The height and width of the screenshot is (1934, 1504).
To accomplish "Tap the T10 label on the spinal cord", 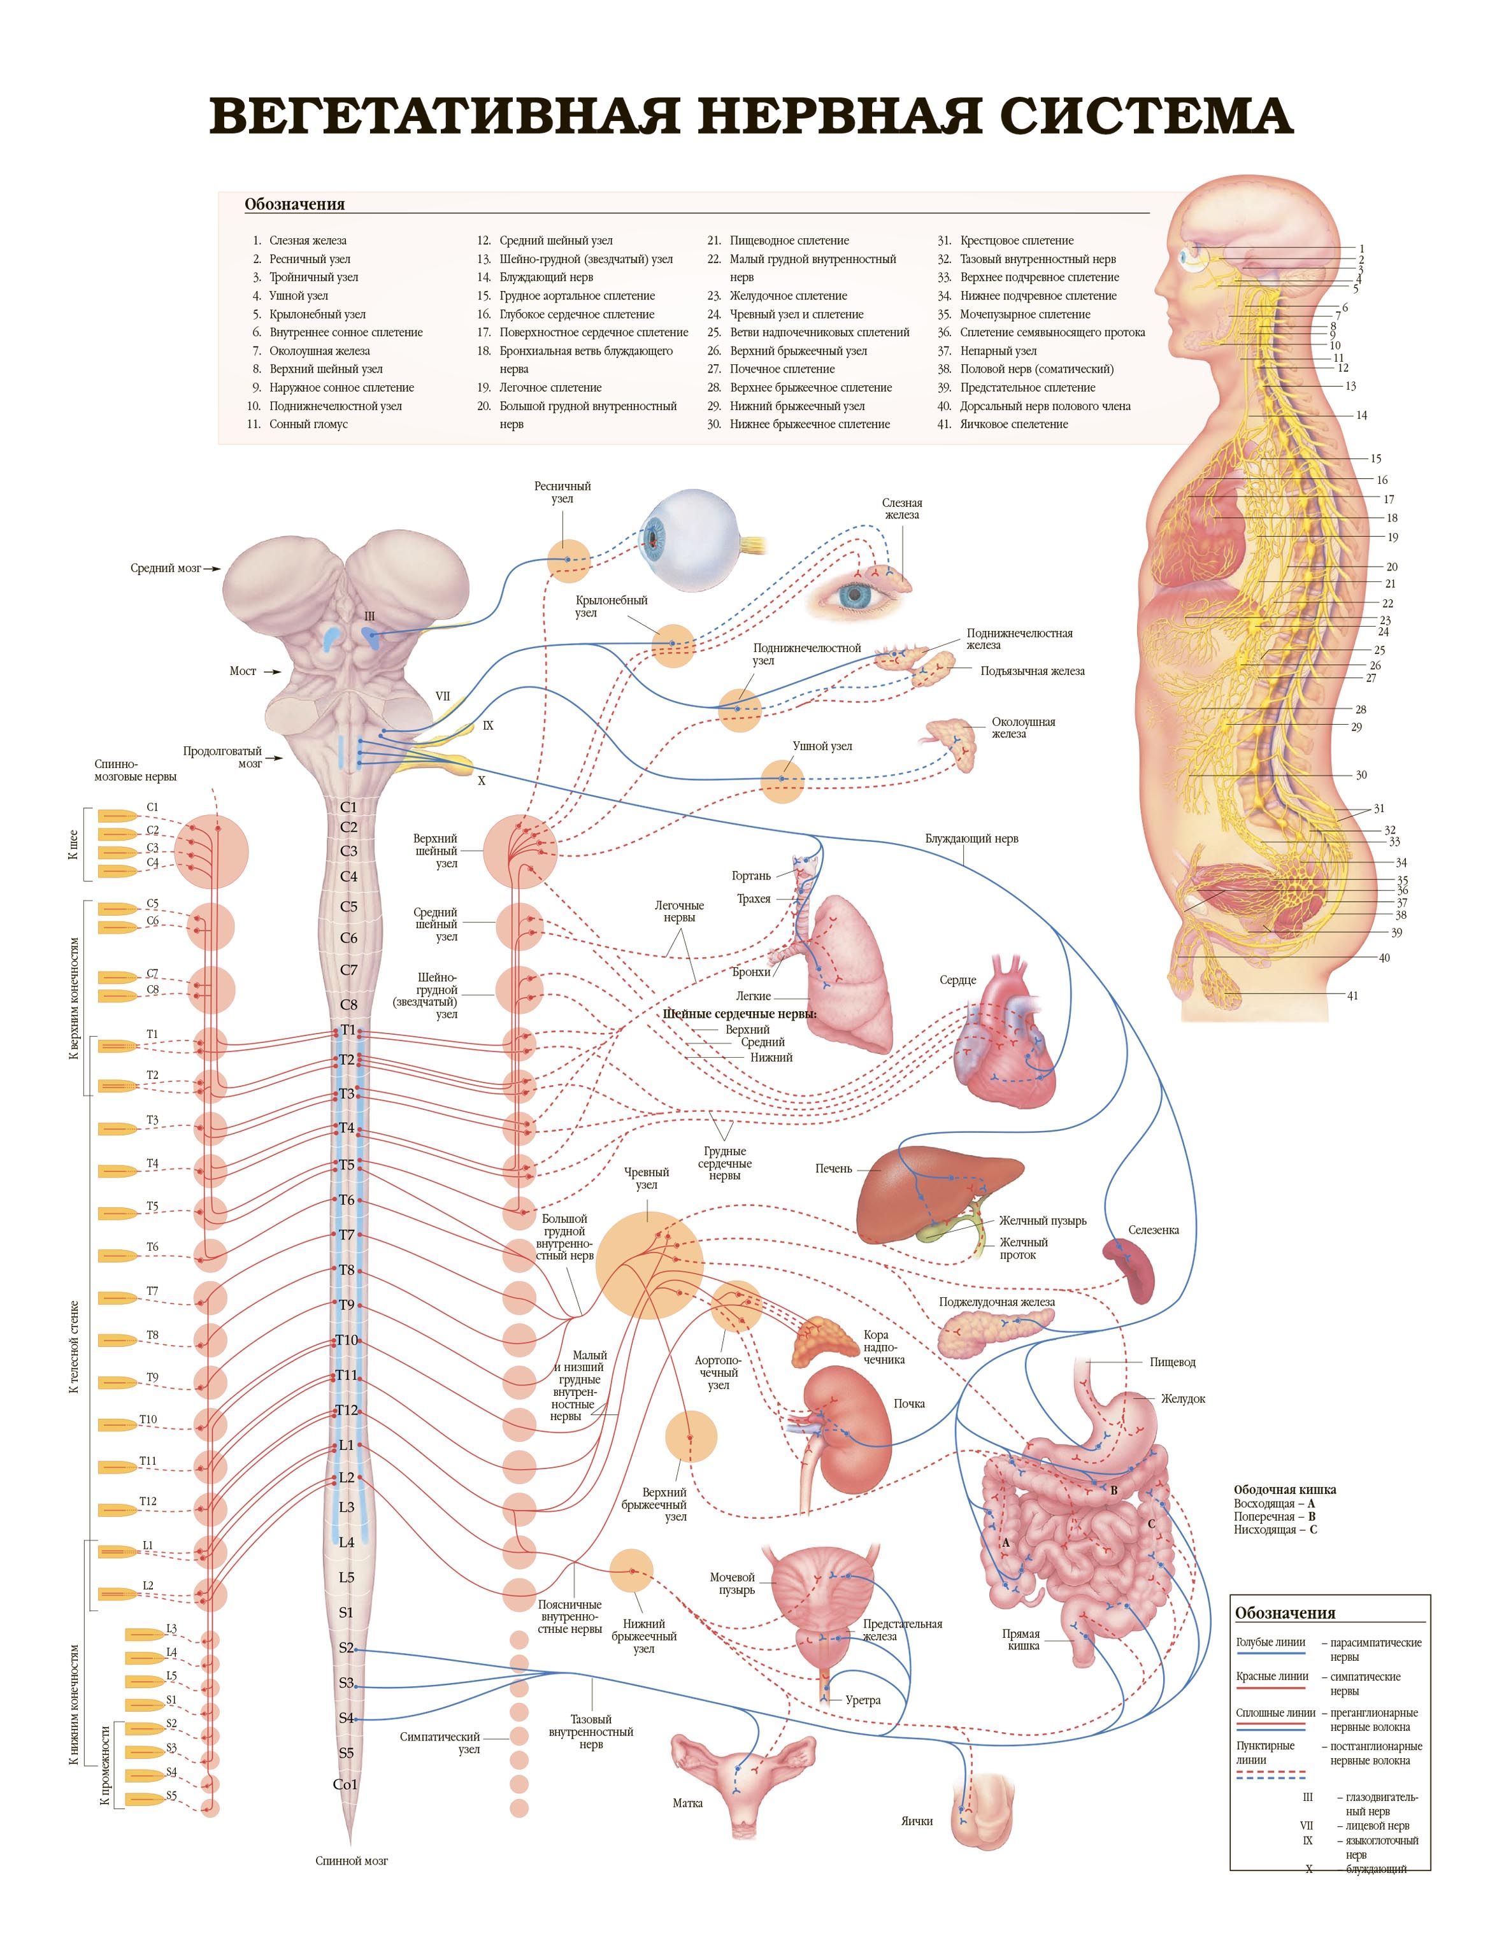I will tap(347, 1339).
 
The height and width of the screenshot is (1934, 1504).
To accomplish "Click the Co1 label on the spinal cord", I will tap(345, 1784).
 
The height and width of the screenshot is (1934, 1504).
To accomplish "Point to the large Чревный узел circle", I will tap(648, 1263).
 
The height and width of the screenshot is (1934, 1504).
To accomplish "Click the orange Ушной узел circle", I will tap(782, 780).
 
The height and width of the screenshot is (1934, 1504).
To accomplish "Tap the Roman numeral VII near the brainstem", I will tap(442, 696).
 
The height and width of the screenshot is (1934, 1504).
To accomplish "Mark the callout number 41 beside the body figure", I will tap(1352, 996).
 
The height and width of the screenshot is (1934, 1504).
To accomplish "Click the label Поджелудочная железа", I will tap(996, 1302).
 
